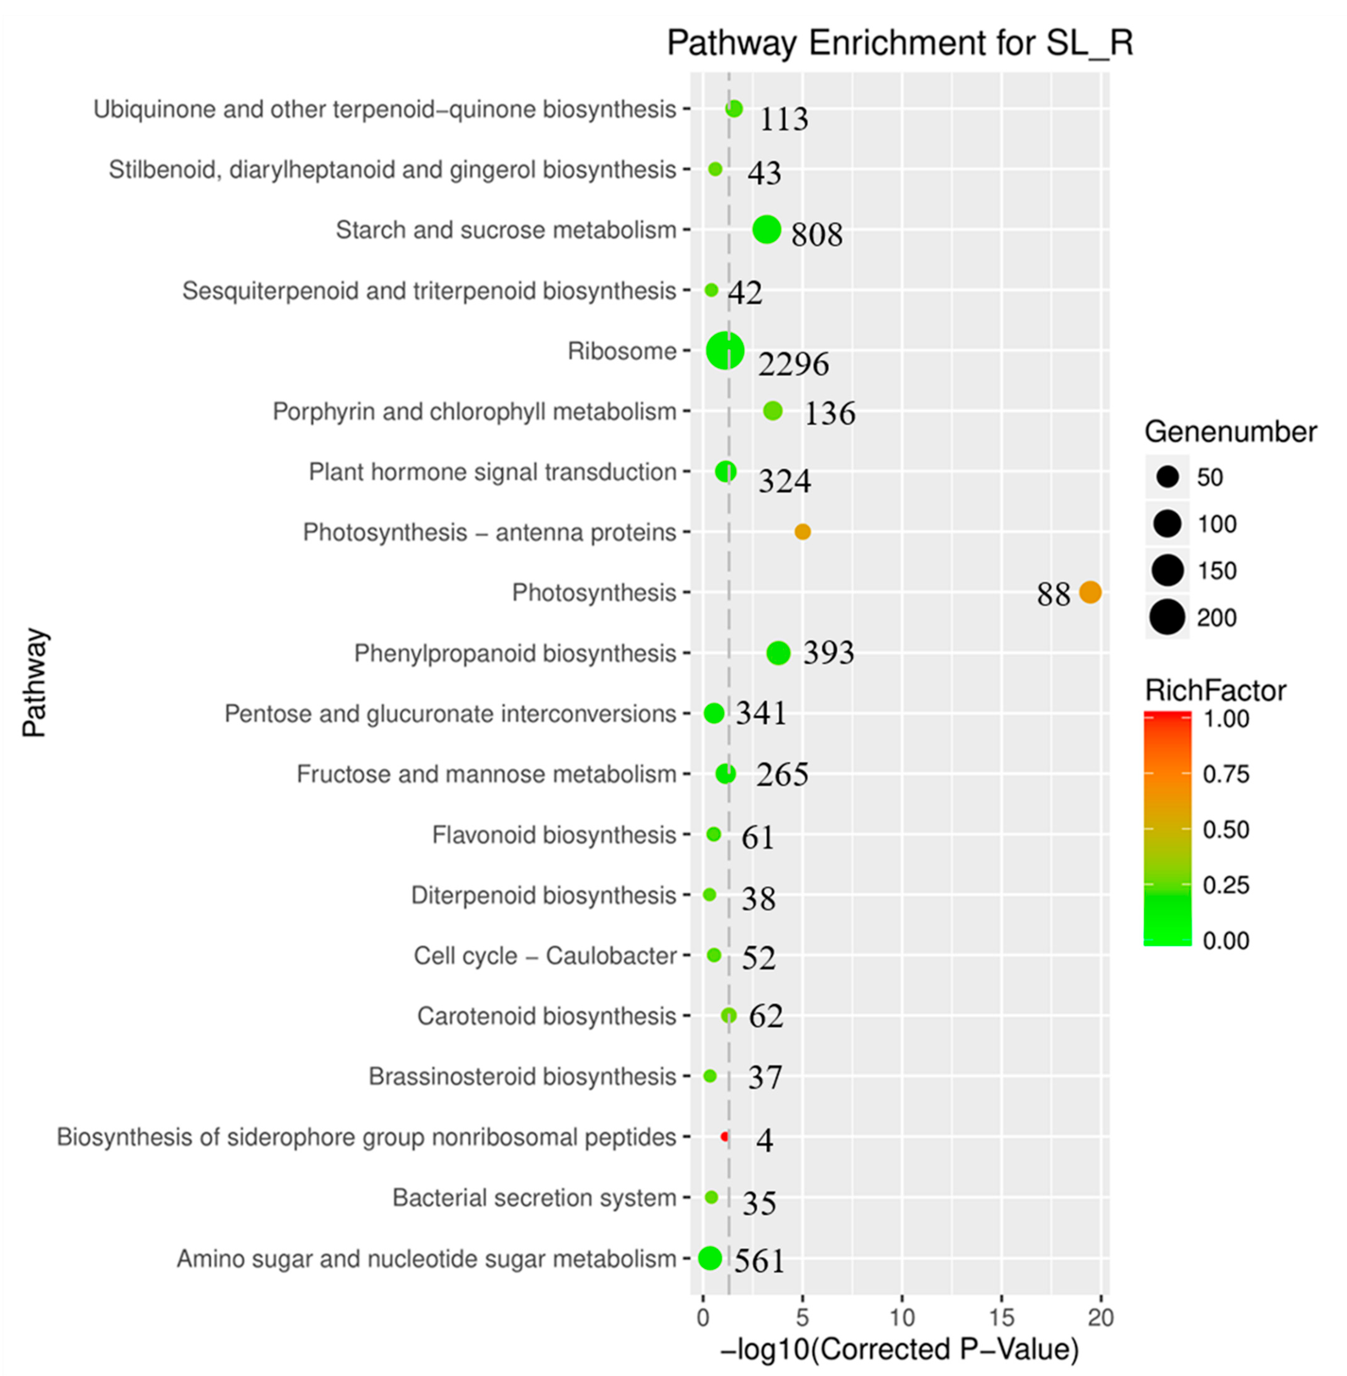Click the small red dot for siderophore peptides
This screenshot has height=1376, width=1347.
coord(724,1136)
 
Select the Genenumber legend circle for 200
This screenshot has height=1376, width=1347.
coord(1167,617)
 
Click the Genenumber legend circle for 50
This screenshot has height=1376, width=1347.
coord(1167,477)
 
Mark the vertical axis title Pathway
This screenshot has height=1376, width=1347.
coord(34,683)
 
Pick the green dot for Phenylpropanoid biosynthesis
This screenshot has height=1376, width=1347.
coord(778,653)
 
